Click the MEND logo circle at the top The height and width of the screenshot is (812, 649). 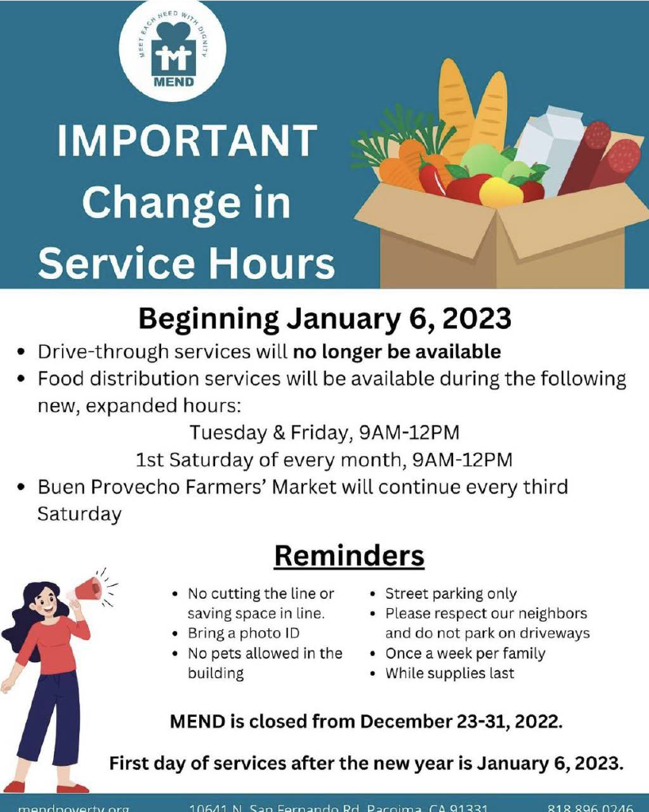point(172,49)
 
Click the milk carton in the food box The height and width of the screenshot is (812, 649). point(551,151)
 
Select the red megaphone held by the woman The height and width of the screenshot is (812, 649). point(85,590)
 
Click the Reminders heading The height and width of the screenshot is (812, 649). point(349,556)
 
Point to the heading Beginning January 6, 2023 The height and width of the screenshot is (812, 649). point(324,319)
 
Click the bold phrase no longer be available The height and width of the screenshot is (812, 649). point(397,350)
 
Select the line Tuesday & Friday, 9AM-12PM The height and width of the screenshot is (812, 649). point(324,433)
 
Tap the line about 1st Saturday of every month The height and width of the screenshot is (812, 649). point(324,460)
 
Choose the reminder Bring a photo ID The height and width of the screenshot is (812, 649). point(243,634)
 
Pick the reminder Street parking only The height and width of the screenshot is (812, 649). point(451,593)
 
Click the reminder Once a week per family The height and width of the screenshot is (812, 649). point(465,653)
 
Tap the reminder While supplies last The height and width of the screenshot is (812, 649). point(449,673)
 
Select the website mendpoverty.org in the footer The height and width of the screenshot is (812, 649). point(73,807)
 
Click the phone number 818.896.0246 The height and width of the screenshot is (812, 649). point(590,807)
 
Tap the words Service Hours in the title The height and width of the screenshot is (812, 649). point(186,262)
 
